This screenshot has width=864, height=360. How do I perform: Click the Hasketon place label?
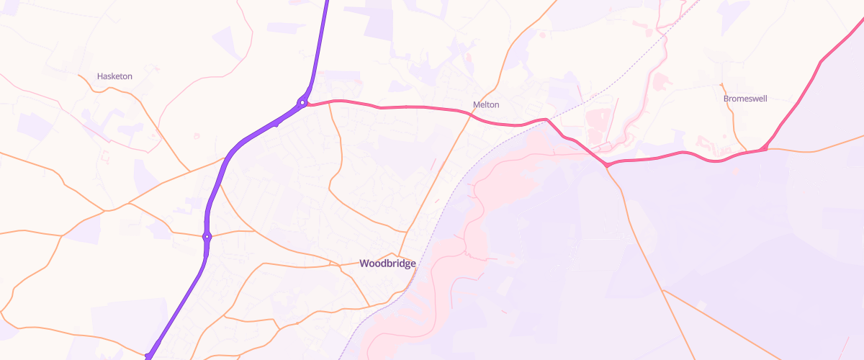tap(114, 76)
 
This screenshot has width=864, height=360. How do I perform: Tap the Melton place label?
tap(486, 104)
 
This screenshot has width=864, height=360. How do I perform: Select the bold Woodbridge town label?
tap(387, 264)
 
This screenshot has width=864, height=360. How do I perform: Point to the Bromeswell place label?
tap(747, 98)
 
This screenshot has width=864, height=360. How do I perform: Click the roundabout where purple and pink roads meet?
tap(303, 103)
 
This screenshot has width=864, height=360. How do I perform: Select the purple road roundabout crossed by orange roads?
tap(207, 236)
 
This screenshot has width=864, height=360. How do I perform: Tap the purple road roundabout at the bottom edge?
tap(148, 356)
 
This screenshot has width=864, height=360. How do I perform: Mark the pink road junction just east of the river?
tap(608, 166)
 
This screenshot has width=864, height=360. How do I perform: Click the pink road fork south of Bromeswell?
tap(763, 149)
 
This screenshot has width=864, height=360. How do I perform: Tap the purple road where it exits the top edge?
tap(326, 3)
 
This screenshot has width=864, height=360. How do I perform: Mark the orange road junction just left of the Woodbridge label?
tap(339, 264)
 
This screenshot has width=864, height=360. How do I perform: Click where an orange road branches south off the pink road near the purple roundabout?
tap(330, 103)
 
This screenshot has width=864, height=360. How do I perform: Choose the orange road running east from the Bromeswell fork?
tap(814, 151)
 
